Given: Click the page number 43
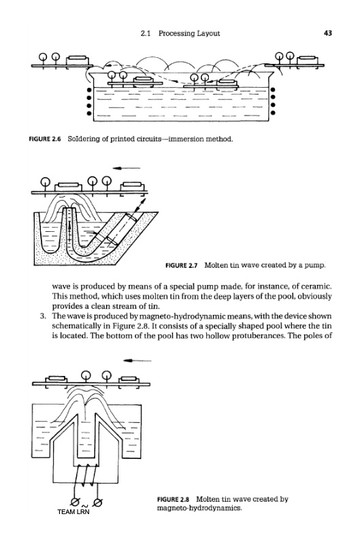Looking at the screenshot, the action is (328, 33).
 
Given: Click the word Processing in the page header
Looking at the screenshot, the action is (177, 33).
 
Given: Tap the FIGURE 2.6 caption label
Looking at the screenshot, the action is (45, 139).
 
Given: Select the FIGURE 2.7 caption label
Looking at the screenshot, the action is (182, 265).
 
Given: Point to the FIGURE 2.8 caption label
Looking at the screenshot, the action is (174, 499).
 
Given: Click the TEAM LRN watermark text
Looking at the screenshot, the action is (73, 512).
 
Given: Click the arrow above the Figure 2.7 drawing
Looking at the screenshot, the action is (127, 168).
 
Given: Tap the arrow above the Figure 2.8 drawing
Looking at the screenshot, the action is (137, 360).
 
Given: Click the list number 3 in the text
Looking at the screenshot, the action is (42, 316).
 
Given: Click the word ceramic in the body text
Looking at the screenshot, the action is (317, 286).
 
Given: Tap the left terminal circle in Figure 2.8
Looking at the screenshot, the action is (74, 501).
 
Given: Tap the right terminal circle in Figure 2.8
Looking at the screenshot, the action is (97, 501).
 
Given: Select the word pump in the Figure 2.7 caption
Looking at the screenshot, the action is (317, 266).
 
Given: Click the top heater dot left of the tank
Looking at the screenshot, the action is (89, 90).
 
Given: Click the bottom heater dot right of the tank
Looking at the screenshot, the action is (273, 113).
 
